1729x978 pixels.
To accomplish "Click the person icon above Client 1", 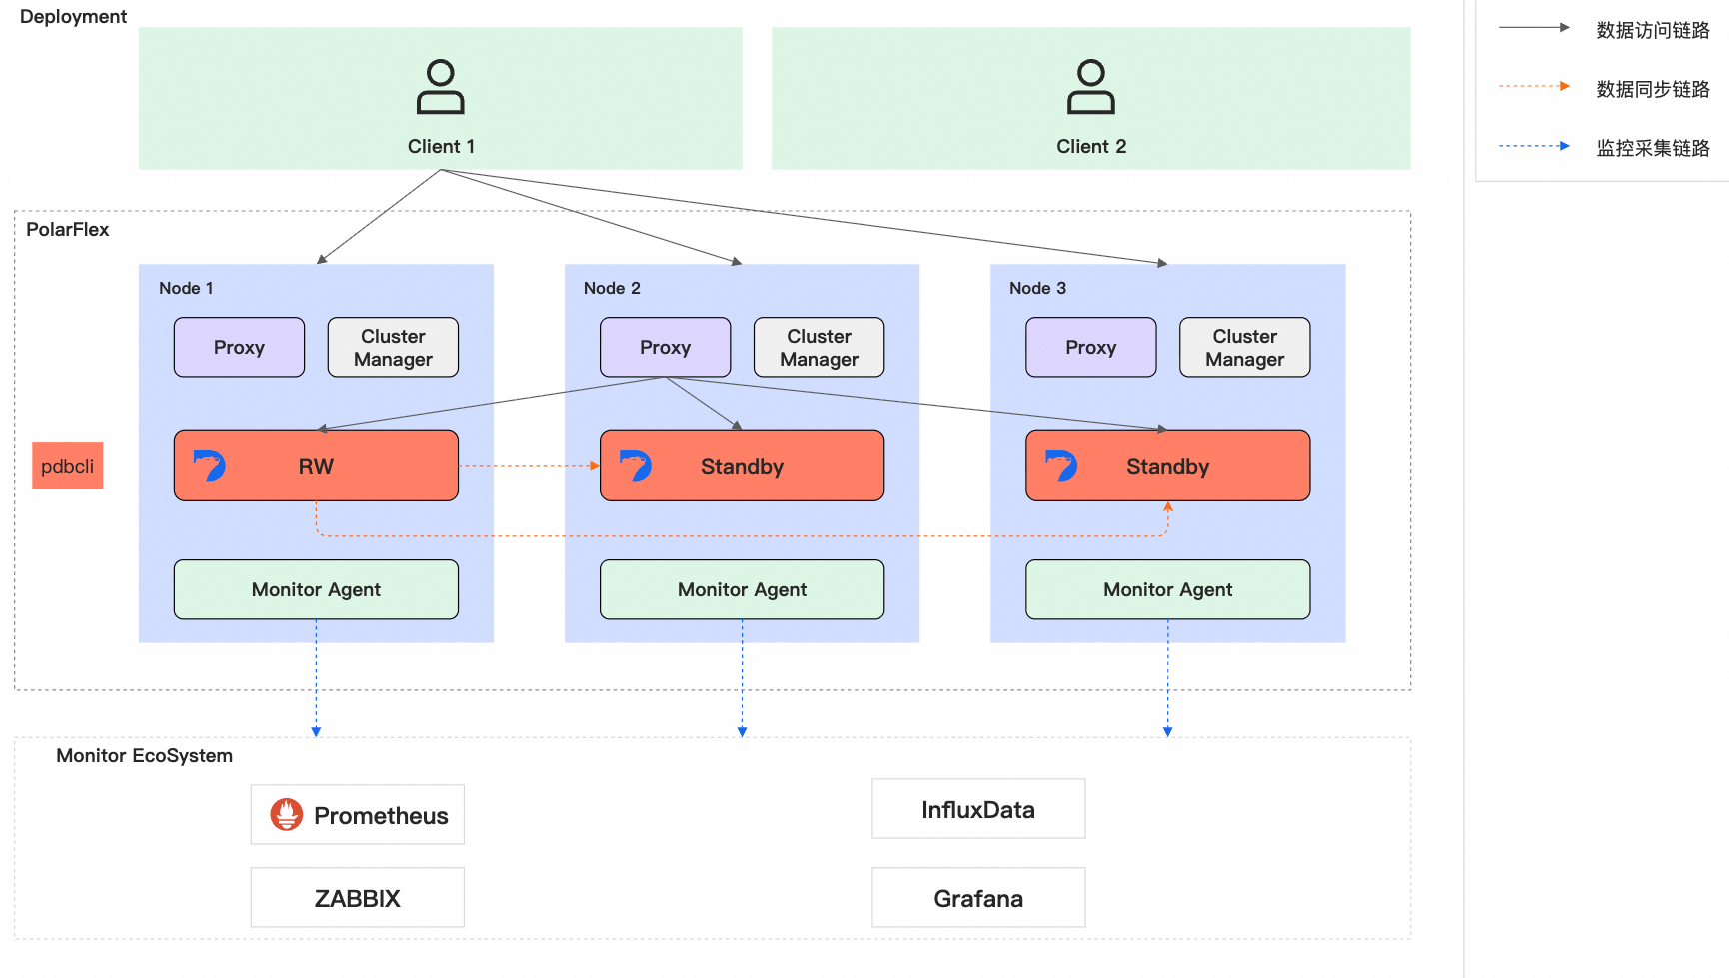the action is point(441,87).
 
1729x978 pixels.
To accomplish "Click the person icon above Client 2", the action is point(1091,87).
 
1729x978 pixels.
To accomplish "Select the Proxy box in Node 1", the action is point(239,347).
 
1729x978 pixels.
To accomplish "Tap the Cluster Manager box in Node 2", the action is point(819,347).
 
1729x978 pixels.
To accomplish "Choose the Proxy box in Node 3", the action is point(1090,347).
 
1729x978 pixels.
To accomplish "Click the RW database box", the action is point(316,466).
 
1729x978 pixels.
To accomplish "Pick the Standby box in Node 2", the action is point(742,466).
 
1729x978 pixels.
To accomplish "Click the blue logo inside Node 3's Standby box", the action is point(1061,465).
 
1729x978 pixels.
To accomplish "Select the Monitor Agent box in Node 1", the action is point(316,589).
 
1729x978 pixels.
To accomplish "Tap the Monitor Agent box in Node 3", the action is point(1167,589).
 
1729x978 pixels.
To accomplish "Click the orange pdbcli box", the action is point(68,466).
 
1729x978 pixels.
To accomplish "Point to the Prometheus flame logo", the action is point(287,815).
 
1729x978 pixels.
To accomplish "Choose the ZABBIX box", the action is point(358,898).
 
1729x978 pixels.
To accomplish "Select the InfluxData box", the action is point(978,809).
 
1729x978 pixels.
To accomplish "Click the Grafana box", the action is point(978,898).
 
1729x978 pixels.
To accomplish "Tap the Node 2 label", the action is point(612,288).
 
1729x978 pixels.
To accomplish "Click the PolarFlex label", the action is point(68,229).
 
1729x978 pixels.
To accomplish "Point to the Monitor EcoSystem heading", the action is point(144,756).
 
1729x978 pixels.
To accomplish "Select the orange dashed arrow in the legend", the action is point(1534,87).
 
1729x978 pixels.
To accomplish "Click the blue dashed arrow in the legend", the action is point(1534,146).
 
